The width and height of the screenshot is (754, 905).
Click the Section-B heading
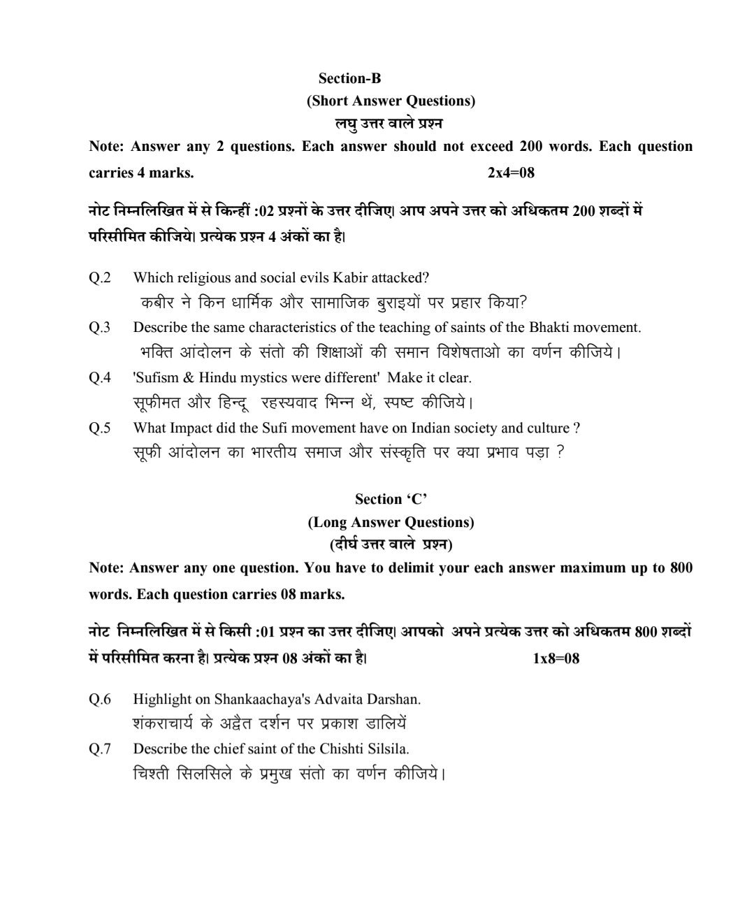tap(349, 78)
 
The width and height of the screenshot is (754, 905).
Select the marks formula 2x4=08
tap(511, 173)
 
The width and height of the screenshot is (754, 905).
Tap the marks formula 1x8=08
tap(556, 658)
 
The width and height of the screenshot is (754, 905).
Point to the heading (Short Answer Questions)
tap(391, 101)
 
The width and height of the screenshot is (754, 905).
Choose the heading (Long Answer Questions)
tap(391, 522)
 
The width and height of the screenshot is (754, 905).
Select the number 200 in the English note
tap(534, 147)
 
